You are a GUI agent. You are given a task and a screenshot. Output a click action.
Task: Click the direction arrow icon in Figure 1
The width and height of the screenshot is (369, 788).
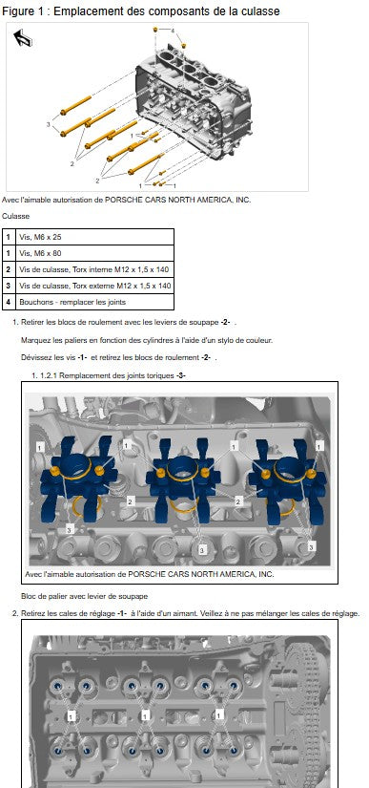tap(23, 38)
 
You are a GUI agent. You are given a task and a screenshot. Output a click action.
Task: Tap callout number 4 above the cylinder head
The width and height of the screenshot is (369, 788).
tap(173, 32)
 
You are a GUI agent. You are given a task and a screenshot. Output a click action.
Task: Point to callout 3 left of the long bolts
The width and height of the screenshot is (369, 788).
tap(49, 124)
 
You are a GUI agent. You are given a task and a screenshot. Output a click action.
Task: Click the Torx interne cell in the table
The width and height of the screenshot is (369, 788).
tap(94, 269)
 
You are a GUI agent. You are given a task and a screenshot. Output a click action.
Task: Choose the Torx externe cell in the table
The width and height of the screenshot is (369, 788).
tap(94, 286)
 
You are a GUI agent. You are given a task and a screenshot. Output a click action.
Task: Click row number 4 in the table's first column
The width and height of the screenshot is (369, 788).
tap(9, 302)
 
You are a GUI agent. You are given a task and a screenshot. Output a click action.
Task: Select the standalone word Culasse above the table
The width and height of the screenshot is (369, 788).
tap(15, 216)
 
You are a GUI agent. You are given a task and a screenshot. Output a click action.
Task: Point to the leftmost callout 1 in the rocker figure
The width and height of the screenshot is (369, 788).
tap(40, 447)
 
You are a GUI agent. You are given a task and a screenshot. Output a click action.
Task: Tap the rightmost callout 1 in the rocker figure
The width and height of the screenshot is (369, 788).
tap(319, 445)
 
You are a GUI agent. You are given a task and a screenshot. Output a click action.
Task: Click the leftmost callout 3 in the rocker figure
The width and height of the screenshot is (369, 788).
tap(70, 529)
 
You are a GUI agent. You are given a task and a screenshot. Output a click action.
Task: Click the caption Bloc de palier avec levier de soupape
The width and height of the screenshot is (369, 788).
tap(84, 596)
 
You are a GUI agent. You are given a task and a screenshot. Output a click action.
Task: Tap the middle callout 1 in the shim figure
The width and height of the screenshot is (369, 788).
tap(145, 714)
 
